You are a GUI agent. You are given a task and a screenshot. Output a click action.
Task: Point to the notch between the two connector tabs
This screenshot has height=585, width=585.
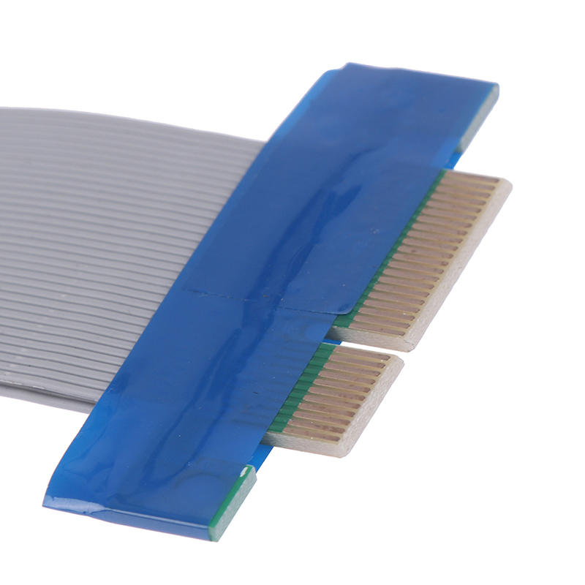tap(366, 344)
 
